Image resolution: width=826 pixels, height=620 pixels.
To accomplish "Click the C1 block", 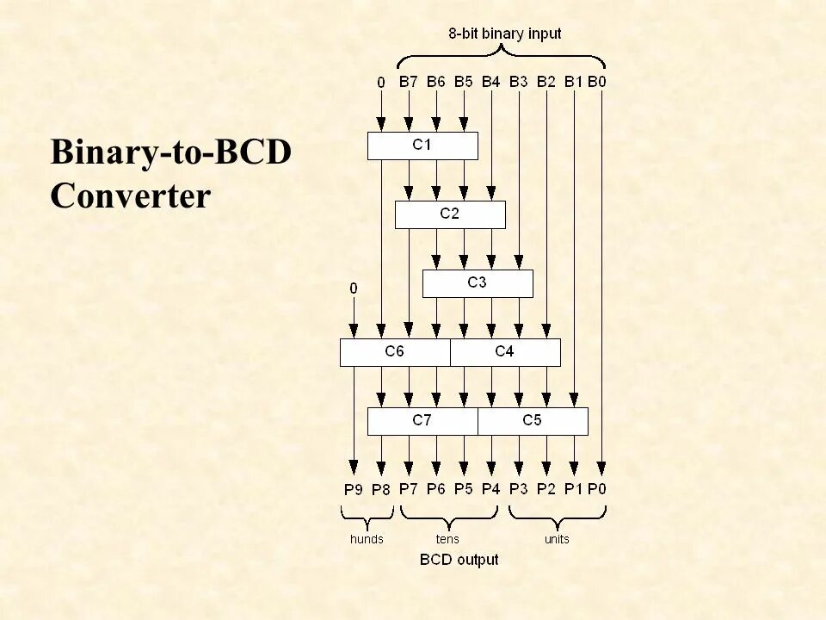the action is (422, 146).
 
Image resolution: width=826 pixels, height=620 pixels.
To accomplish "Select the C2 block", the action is (450, 214).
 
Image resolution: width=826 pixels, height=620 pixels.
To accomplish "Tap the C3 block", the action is (478, 283).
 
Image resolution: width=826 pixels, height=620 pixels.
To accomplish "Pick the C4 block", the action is (505, 352).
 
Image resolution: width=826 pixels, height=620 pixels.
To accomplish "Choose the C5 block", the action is (533, 421).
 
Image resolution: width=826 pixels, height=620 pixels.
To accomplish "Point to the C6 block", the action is (395, 352).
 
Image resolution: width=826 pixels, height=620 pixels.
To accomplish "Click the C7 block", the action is (422, 421).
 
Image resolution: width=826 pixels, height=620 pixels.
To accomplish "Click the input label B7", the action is (409, 83).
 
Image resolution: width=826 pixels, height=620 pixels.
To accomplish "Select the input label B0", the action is (598, 83).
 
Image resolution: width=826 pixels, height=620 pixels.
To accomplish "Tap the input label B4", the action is (490, 83).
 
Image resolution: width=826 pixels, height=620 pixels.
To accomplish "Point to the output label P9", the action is (354, 490).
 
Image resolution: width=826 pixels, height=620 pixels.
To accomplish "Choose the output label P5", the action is (464, 490).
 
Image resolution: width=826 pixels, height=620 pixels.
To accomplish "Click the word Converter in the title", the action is (130, 196).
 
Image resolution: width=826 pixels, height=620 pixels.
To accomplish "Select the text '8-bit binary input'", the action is (504, 34).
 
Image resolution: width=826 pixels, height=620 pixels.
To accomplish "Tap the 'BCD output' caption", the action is (459, 560).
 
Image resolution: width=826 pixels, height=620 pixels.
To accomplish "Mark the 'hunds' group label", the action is (367, 540).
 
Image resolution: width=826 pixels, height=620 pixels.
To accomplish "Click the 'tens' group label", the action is (447, 540).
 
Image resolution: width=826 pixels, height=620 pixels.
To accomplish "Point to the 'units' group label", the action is (557, 540).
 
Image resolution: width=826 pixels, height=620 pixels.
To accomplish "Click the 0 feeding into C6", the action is (353, 288).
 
